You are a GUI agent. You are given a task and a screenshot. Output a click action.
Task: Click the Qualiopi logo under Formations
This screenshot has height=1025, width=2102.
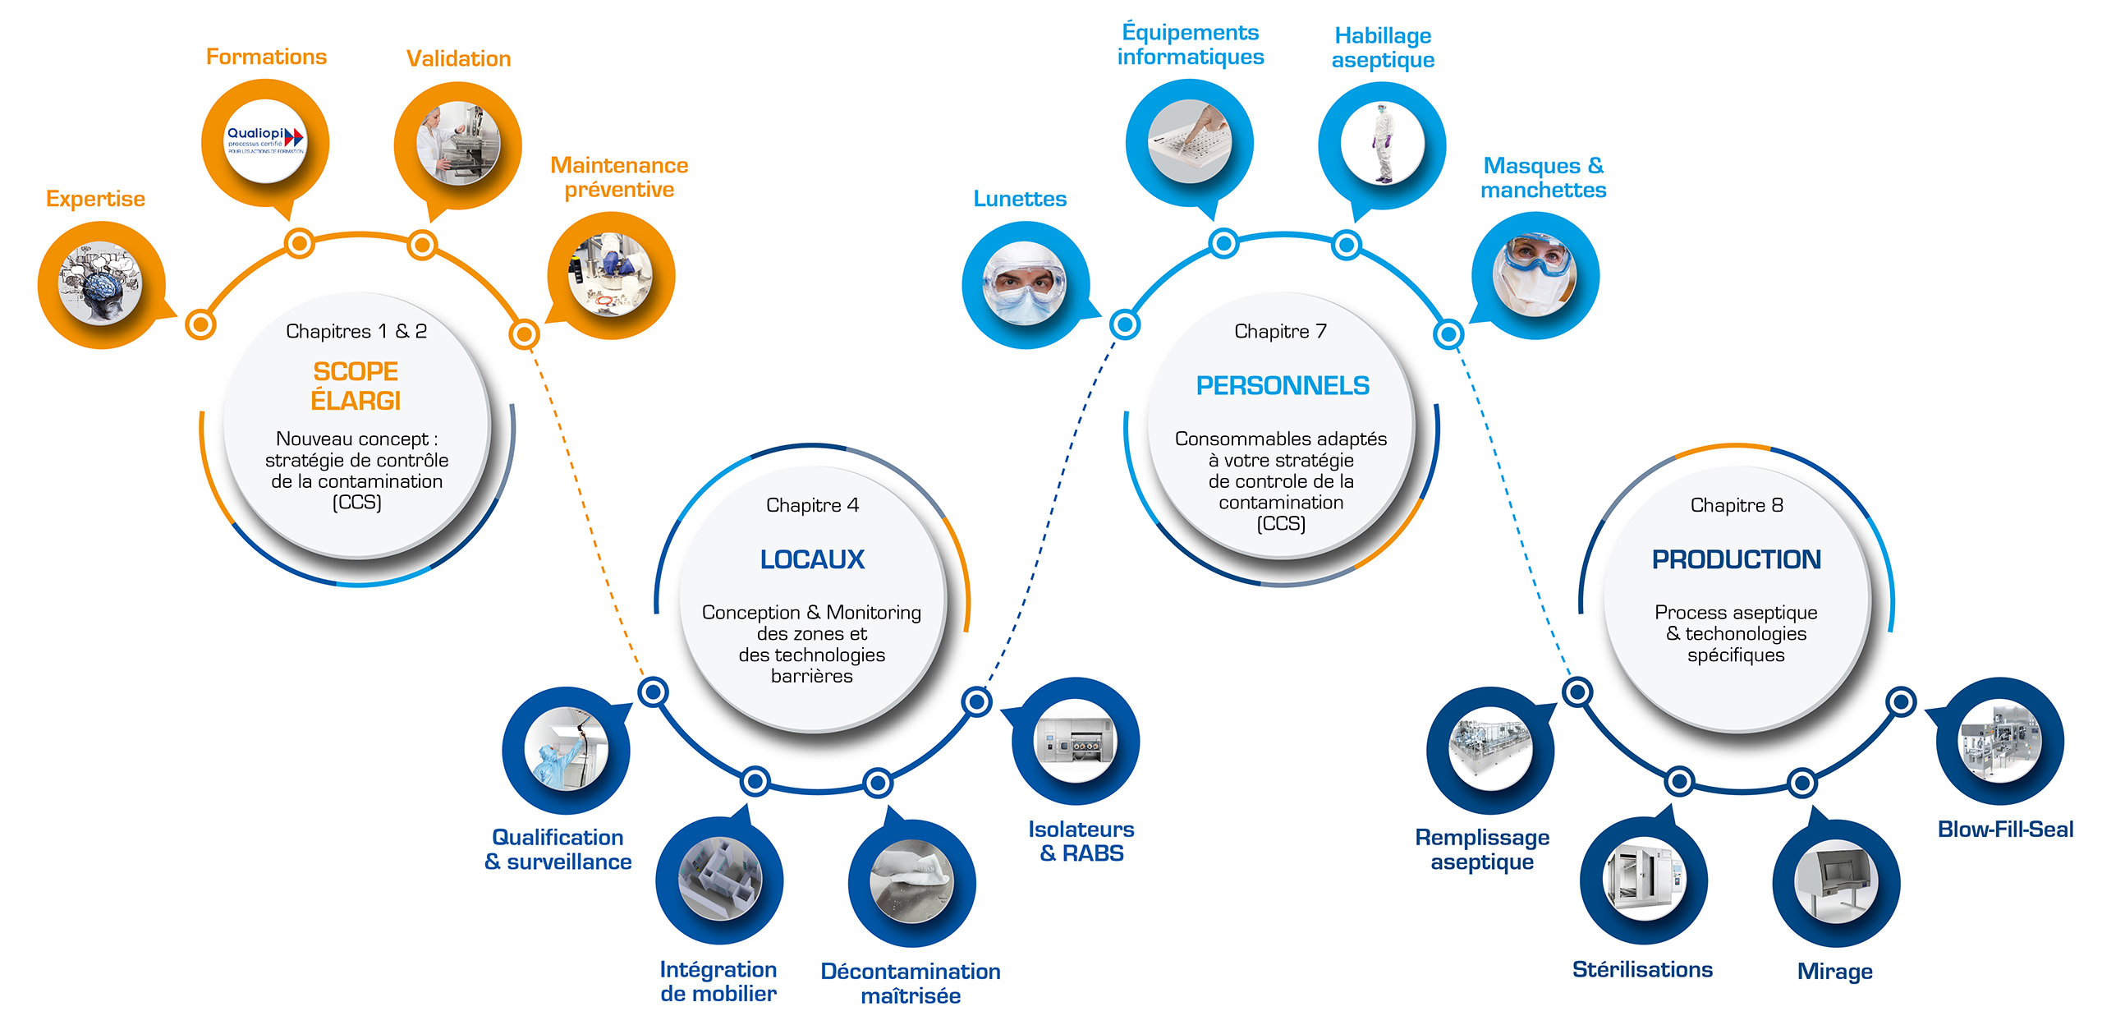pos(265,141)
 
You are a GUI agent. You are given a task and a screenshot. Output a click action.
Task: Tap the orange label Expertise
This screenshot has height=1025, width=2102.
pos(95,199)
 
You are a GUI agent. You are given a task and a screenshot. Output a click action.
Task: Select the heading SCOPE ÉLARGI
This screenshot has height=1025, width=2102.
pos(356,386)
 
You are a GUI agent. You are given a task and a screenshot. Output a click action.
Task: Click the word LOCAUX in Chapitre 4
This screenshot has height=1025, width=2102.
pos(812,559)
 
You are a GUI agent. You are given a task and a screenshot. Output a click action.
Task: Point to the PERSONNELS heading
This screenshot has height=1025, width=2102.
pos(1282,385)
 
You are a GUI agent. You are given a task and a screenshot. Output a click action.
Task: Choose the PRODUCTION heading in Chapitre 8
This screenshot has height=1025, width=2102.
pos(1736,559)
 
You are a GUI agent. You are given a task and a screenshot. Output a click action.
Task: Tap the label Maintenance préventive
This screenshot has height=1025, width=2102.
pos(619,177)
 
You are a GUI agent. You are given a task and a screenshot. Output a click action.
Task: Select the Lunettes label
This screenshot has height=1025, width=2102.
pos(1020,199)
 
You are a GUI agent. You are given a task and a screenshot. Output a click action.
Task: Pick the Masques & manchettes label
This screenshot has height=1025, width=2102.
pos(1543,177)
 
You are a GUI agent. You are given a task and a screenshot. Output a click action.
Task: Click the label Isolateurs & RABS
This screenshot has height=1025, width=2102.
pos(1081,841)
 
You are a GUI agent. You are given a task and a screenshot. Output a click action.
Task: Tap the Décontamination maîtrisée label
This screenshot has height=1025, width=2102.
pos(911,983)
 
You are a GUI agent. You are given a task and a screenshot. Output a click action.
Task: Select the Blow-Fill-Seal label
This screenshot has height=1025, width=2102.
pos(2005,830)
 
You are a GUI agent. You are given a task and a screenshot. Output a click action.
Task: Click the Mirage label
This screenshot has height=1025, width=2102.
pos(1834,972)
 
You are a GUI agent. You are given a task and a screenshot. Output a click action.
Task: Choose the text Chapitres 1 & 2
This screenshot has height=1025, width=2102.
pos(356,331)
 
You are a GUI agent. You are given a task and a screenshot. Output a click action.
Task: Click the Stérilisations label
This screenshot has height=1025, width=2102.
pos(1642,970)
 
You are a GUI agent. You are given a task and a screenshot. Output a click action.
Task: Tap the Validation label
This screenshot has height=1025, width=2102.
pos(458,58)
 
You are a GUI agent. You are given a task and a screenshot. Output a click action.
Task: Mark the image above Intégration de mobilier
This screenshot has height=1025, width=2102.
pos(719,879)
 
